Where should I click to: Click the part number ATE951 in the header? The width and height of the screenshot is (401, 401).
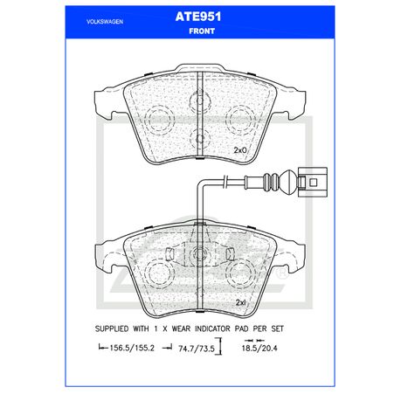pyautogui.click(x=198, y=17)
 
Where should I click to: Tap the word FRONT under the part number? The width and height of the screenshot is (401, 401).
pyautogui.click(x=202, y=31)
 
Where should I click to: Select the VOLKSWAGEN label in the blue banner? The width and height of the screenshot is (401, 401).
pyautogui.click(x=105, y=22)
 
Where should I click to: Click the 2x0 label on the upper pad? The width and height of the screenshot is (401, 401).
pyautogui.click(x=240, y=150)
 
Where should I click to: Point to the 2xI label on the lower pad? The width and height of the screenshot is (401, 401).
pyautogui.click(x=241, y=303)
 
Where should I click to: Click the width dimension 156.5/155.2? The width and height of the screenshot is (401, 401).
pyautogui.click(x=131, y=348)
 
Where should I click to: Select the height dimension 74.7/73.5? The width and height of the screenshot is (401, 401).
pyautogui.click(x=197, y=349)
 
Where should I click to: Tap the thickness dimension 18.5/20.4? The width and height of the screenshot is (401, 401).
pyautogui.click(x=259, y=348)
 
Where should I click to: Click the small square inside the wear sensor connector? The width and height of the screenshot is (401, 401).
pyautogui.click(x=313, y=183)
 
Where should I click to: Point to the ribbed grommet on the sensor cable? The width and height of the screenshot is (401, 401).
pyautogui.click(x=271, y=183)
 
